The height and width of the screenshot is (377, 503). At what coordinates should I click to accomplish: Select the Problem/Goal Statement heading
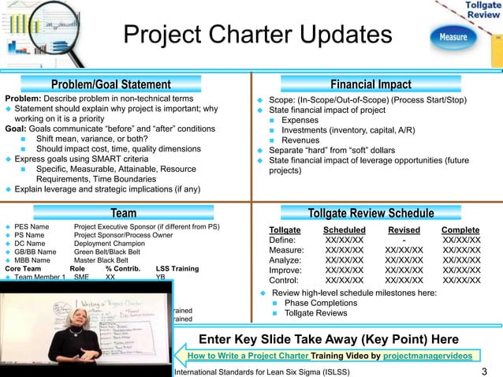(x=110, y=84)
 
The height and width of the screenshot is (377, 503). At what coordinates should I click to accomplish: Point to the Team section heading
(x=123, y=213)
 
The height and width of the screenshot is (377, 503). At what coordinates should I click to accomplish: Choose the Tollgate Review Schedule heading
(x=371, y=214)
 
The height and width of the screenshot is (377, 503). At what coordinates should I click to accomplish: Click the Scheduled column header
(x=345, y=229)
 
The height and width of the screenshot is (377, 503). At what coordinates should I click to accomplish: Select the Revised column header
(x=404, y=229)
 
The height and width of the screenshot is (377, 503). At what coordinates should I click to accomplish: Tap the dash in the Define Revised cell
(x=404, y=239)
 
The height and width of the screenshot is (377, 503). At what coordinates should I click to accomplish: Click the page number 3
(x=483, y=371)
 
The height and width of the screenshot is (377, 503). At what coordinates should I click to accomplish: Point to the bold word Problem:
(x=24, y=99)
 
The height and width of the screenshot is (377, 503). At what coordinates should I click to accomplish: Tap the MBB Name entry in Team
(x=32, y=259)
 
